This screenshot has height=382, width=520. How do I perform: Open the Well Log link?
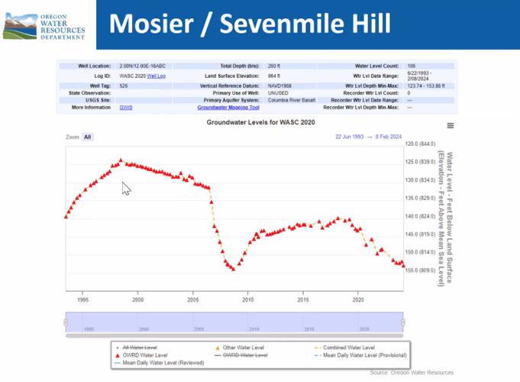tap(156, 76)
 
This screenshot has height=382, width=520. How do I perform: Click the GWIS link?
tap(126, 108)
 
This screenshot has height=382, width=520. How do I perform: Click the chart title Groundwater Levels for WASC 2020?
tap(260, 122)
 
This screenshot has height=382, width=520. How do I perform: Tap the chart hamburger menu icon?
tap(451, 126)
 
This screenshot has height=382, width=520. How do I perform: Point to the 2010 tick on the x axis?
tap(247, 300)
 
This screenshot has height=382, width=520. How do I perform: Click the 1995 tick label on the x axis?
tap(82, 300)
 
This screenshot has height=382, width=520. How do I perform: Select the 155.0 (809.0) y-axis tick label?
tap(421, 270)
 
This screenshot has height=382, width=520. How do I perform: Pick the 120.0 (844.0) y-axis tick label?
tap(421, 144)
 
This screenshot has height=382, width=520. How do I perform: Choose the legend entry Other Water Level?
tap(241, 348)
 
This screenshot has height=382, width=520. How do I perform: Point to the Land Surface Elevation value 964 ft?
tap(275, 76)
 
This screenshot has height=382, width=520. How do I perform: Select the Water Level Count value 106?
tap(412, 66)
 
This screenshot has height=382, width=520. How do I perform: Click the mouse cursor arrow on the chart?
tap(125, 188)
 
